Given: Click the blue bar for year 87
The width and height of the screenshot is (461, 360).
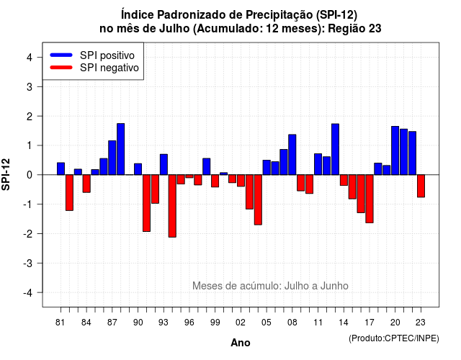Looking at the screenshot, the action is (x=112, y=158).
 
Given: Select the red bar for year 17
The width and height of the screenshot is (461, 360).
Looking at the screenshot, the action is (x=370, y=199).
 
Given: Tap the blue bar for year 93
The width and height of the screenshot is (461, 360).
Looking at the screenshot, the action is (x=164, y=165).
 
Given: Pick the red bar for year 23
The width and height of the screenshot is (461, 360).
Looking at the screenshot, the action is (x=421, y=186).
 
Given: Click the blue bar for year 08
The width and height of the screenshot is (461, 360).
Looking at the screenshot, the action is (x=292, y=155).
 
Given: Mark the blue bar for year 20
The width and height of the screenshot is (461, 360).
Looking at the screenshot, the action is (x=395, y=150).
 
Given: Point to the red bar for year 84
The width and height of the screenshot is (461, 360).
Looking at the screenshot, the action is (x=86, y=184).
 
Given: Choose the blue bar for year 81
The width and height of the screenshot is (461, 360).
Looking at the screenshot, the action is (x=61, y=168).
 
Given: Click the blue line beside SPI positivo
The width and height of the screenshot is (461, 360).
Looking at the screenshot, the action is (x=61, y=55).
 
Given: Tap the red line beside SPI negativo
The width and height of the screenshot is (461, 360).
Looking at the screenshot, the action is (x=61, y=67).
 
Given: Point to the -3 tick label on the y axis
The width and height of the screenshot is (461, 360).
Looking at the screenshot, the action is (x=28, y=263).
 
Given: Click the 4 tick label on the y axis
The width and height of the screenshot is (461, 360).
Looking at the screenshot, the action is (x=30, y=58).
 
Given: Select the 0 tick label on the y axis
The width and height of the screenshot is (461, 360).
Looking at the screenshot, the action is (x=30, y=175).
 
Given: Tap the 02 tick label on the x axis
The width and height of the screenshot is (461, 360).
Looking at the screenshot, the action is (x=241, y=323).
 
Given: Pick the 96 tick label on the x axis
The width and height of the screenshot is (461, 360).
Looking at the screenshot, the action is (x=189, y=323).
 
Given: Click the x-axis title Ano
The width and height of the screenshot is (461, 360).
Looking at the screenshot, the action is (x=241, y=343).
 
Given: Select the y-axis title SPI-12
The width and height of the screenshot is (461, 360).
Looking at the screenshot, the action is (x=6, y=174).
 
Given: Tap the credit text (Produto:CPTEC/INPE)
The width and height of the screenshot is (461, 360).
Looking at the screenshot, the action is (x=394, y=338).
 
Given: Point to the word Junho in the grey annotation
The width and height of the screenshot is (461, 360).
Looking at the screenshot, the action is (x=334, y=286).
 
